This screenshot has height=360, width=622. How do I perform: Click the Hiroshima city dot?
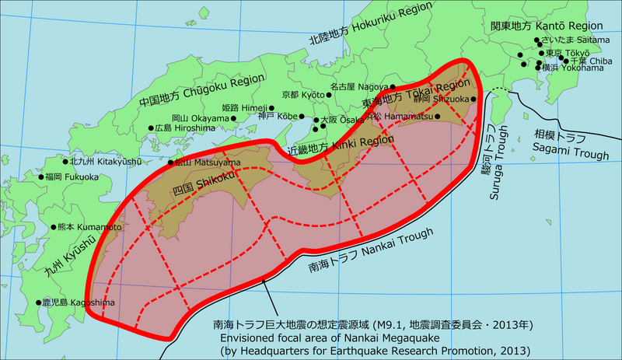coord(151,128)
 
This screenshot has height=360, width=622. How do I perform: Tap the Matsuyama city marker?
coord(171,163)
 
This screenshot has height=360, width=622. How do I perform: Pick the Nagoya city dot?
coord(393,87)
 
